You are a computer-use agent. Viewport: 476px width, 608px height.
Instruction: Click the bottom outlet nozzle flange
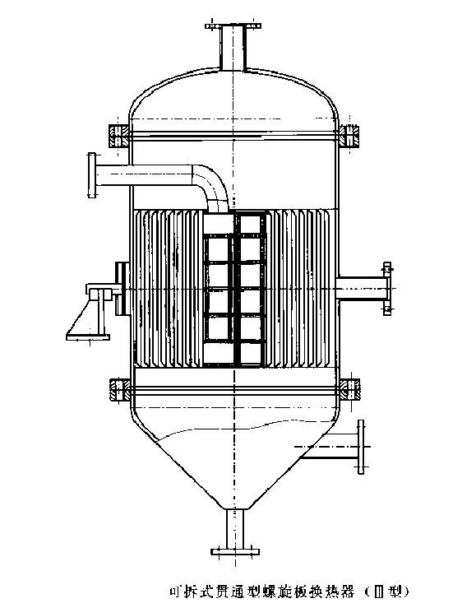(x=237, y=550)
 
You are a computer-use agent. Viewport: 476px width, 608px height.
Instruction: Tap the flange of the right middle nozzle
(x=386, y=288)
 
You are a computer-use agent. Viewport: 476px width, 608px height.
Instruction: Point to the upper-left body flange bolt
(x=116, y=132)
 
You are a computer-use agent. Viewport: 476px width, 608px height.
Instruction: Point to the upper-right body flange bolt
(x=351, y=132)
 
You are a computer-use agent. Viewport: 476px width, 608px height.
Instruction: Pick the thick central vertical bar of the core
(x=237, y=288)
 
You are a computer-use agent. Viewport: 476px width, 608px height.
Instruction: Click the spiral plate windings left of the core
(x=164, y=288)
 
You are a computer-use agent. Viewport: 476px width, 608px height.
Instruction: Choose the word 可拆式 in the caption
(x=188, y=591)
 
